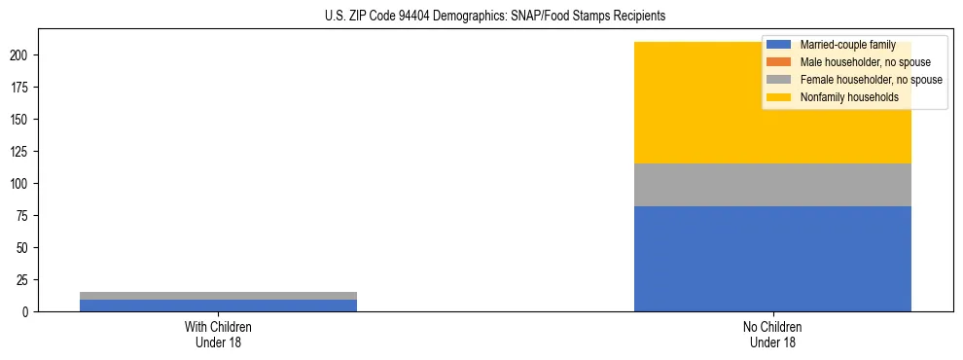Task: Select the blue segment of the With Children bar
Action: [x=218, y=306]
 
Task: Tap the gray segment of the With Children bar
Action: [x=218, y=296]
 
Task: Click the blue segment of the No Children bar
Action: [x=772, y=259]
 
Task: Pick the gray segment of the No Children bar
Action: [x=772, y=185]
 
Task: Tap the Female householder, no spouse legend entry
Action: [x=871, y=80]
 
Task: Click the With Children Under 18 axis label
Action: [x=218, y=334]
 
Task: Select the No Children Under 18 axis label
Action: [x=772, y=334]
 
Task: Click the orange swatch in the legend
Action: [x=779, y=62]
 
